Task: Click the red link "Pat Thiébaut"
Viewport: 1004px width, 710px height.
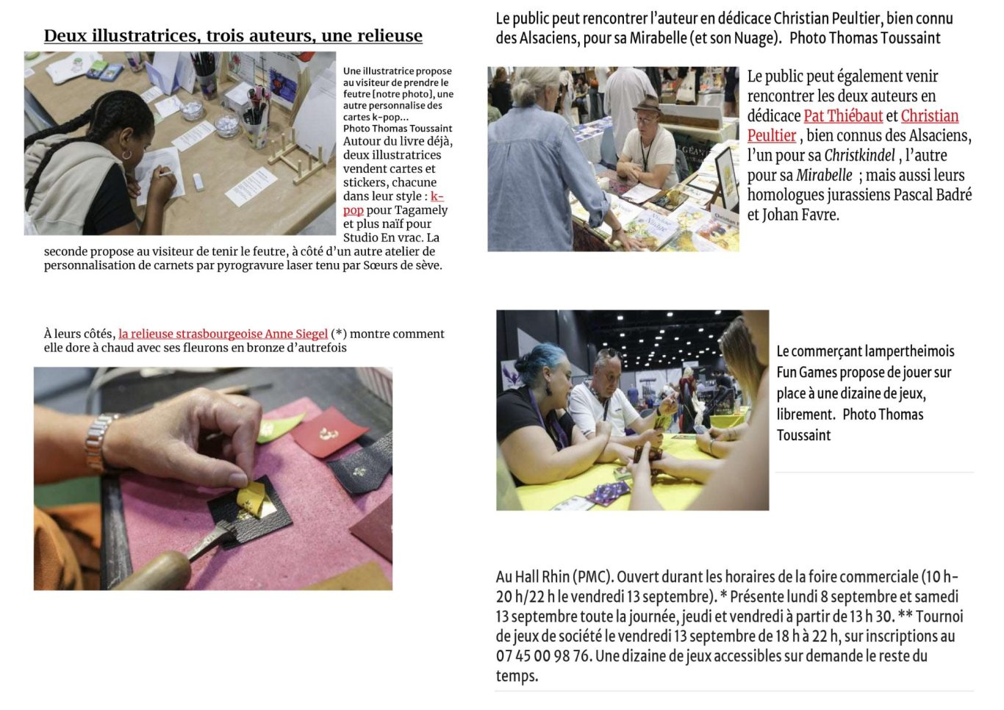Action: coord(843,115)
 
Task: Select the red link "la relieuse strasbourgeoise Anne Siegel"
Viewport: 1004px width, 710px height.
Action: coord(223,334)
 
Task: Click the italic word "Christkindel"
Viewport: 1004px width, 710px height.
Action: coord(859,155)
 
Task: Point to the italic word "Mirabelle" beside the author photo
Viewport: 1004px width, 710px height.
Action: coord(824,175)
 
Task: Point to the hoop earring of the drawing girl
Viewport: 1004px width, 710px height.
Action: coord(127,155)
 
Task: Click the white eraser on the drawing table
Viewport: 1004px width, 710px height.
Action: coord(198,181)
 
